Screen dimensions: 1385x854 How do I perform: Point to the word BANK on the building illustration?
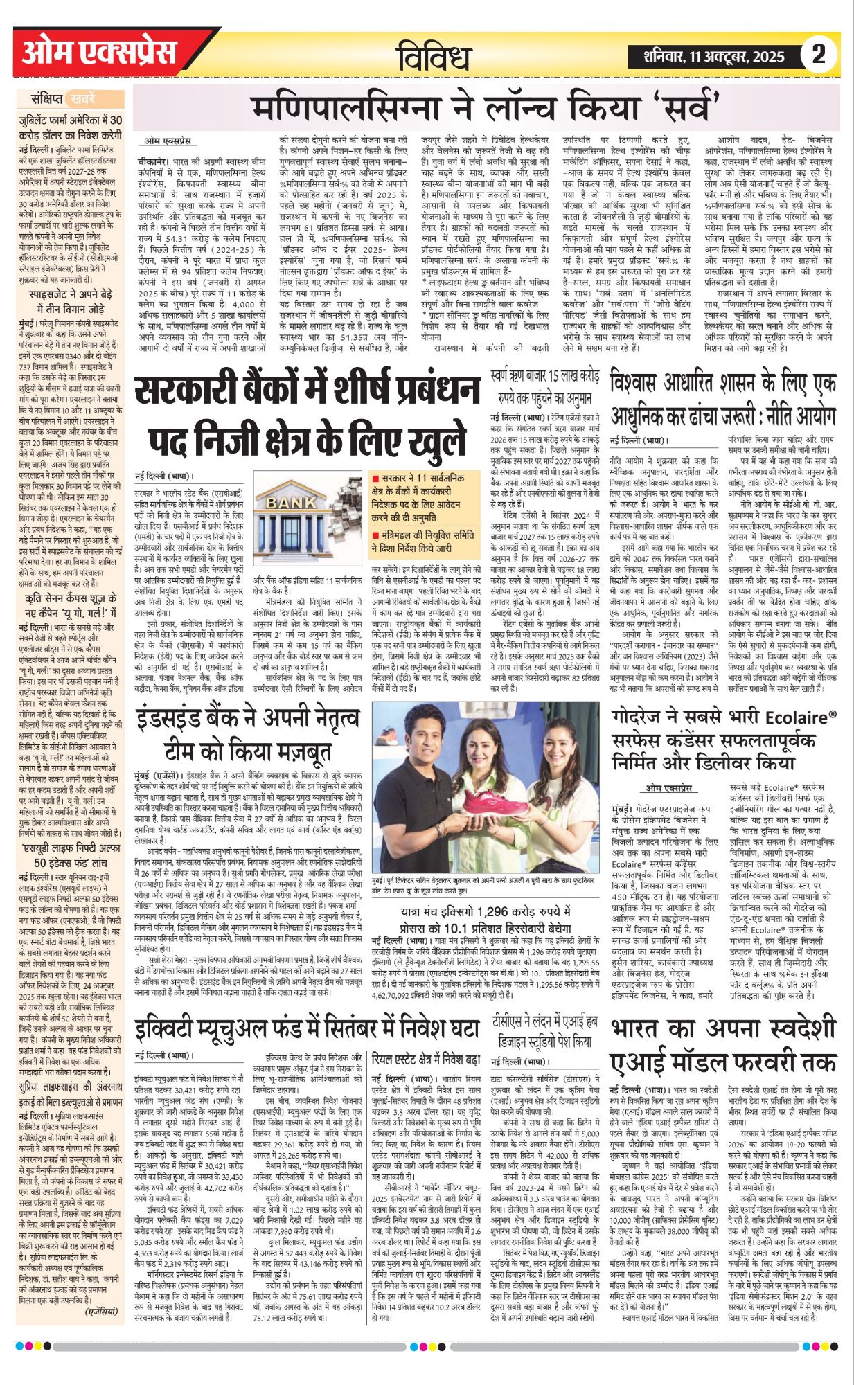pos(290,501)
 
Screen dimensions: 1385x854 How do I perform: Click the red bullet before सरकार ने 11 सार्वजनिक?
pos(375,478)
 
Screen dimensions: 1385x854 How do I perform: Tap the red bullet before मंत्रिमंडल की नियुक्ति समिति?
pos(375,535)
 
